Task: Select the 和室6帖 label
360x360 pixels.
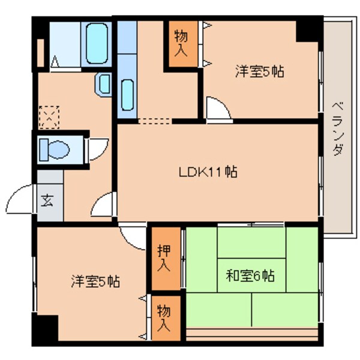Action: [250, 277]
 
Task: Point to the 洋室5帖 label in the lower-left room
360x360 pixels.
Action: [95, 280]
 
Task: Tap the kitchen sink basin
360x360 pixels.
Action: [128, 93]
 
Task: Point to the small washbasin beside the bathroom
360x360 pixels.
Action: [102, 83]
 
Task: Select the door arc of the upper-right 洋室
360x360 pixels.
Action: [217, 109]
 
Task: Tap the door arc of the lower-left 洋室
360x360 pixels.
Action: [132, 235]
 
